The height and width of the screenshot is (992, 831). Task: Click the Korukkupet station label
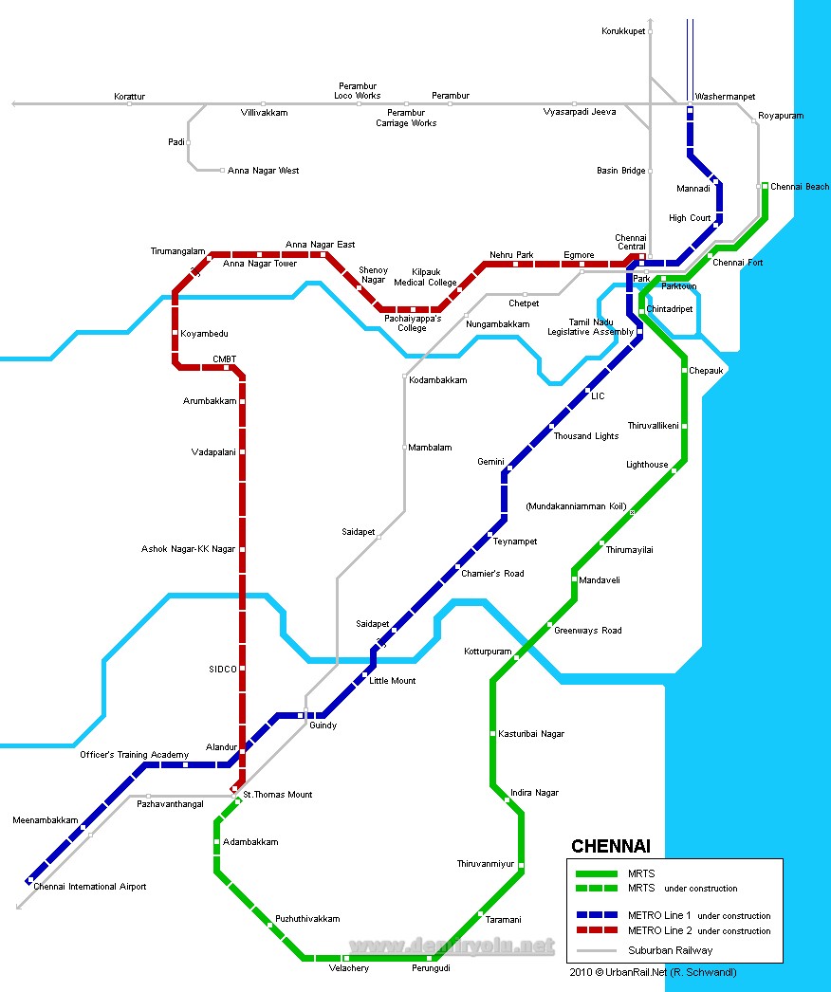(623, 31)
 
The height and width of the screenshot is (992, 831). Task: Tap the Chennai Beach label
(800, 187)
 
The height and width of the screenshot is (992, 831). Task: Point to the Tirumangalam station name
(177, 251)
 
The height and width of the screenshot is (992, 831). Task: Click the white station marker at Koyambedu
(175, 334)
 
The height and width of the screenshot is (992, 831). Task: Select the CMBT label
(224, 358)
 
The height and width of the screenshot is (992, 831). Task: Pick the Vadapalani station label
(213, 452)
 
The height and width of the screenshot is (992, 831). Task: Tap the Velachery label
(348, 967)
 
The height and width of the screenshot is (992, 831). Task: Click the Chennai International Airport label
(90, 887)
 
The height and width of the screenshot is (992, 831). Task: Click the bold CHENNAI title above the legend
(610, 847)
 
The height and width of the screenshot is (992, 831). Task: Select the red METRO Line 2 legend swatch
(597, 930)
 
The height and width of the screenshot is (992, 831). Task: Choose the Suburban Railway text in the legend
(670, 949)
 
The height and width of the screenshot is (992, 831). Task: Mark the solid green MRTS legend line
(597, 873)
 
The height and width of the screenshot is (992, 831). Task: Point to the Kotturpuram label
(488, 652)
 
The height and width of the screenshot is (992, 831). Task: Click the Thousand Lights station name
(586, 436)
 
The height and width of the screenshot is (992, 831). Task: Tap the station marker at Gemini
(510, 468)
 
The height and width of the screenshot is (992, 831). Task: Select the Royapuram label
(781, 116)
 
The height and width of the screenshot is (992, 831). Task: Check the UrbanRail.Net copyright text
(653, 972)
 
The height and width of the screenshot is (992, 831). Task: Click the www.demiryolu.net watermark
(452, 946)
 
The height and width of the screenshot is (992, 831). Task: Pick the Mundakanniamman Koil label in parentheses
(576, 506)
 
